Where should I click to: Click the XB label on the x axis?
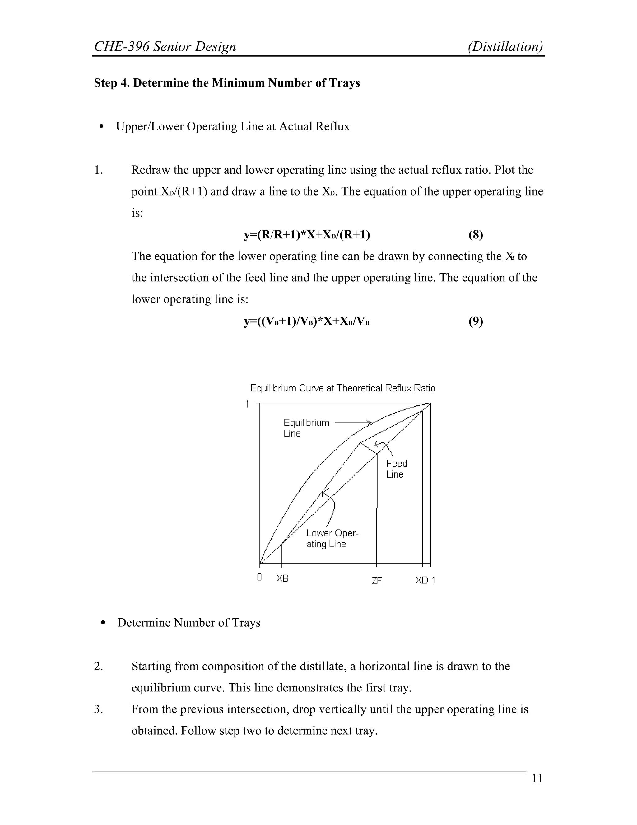pos(282,578)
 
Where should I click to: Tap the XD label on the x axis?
pos(421,580)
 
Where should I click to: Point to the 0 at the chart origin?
pos(259,577)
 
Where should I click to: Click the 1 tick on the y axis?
pos(247,404)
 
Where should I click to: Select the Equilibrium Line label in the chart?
pos(306,428)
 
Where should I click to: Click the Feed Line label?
pos(396,469)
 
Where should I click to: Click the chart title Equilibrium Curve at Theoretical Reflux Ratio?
pos(343,388)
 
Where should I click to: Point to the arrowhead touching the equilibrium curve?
pos(370,423)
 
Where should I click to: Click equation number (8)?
pos(476,235)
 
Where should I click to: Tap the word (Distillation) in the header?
pos(505,46)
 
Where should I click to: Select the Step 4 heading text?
pos(227,83)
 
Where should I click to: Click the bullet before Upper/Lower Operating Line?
pos(101,126)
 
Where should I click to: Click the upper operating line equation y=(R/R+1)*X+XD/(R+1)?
pos(307,235)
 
